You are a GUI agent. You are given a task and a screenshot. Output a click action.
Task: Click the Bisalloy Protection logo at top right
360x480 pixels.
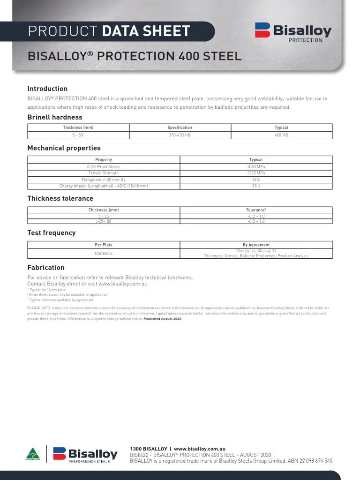point(293,32)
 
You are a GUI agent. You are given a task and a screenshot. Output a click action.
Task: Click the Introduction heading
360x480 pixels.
point(47,89)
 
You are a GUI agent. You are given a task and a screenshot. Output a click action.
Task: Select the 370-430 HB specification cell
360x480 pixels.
point(180,135)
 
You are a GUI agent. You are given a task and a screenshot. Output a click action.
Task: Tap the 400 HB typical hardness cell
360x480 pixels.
point(281,135)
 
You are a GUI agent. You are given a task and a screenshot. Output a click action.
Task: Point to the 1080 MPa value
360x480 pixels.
point(256,166)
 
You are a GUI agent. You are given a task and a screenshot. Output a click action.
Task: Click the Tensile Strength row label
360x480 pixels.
point(104,173)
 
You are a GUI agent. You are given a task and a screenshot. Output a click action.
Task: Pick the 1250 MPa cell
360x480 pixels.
point(256,173)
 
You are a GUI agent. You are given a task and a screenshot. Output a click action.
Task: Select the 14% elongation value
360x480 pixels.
point(256,180)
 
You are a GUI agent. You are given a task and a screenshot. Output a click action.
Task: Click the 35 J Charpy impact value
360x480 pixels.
point(256,186)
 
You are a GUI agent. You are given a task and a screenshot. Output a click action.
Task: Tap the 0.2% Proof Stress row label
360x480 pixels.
point(104,166)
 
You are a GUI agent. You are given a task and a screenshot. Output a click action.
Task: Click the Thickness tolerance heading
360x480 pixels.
point(60,198)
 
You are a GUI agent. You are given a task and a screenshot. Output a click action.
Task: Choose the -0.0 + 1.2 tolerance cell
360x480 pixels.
point(256,221)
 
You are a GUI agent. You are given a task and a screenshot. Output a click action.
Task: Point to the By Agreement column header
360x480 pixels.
point(256,245)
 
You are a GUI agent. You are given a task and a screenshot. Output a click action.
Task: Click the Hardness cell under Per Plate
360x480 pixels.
point(104,254)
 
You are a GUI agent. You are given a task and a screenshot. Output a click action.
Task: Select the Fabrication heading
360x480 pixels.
point(46,268)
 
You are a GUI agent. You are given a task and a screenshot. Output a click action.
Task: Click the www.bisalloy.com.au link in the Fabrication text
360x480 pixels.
point(123,284)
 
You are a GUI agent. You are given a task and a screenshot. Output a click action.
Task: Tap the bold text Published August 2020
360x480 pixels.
point(162,319)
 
